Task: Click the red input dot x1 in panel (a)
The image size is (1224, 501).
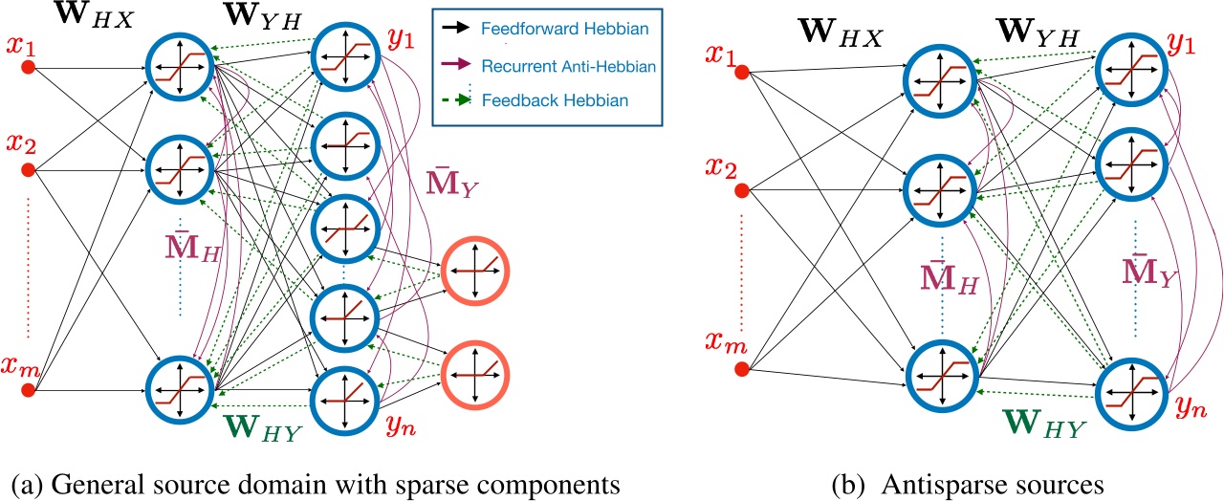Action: tap(29, 67)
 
